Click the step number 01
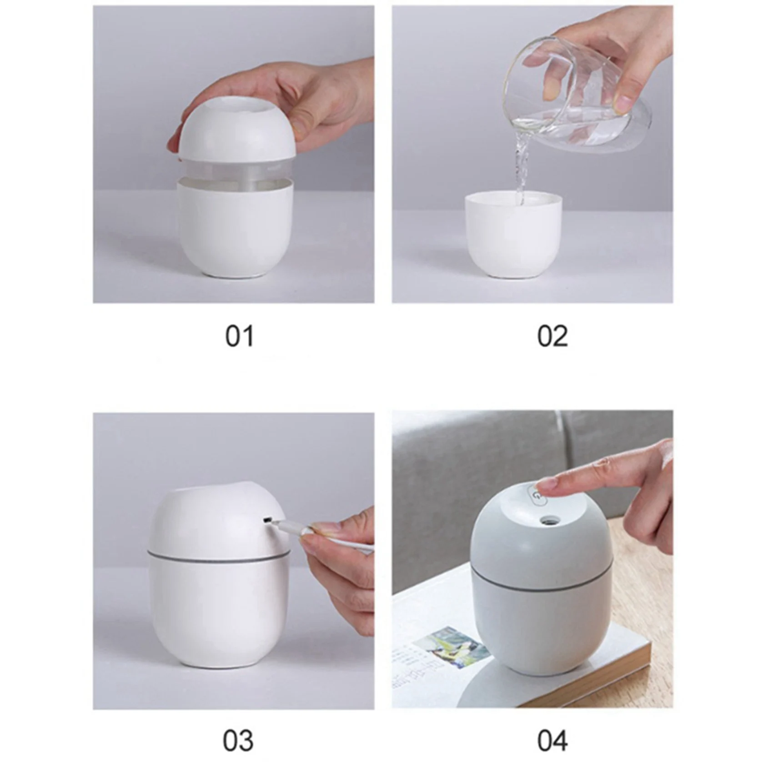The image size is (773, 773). (239, 336)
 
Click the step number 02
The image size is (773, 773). (552, 336)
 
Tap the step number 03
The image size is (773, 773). (238, 741)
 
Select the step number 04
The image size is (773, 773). (552, 741)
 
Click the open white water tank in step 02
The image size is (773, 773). (514, 236)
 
